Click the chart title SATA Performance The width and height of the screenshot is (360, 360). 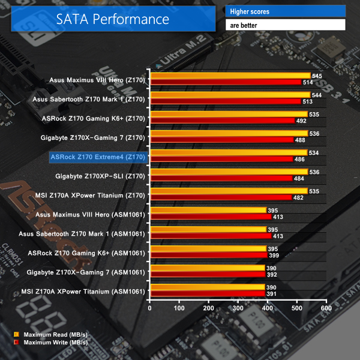[x=113, y=19]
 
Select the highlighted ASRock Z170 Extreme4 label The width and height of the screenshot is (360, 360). [x=98, y=157]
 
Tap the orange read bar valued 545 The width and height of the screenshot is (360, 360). [x=230, y=76]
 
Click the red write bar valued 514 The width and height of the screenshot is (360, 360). [x=226, y=83]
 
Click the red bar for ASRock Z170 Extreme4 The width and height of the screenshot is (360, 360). [x=221, y=160]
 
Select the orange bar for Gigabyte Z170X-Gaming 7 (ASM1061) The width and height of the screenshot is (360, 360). [x=208, y=268]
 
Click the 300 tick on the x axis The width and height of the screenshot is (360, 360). [x=238, y=308]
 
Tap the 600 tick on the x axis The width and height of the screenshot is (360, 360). [x=325, y=308]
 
